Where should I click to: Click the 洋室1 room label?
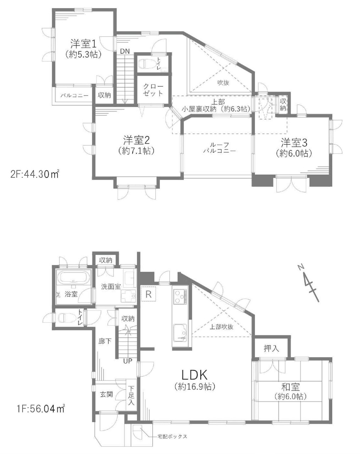83,44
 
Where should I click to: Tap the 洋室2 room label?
136,140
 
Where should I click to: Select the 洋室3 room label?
294,143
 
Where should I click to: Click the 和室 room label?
290,387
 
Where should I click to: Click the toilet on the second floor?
145,63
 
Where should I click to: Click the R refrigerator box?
149,294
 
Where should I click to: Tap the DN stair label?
125,51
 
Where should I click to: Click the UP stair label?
128,361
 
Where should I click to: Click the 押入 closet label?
271,348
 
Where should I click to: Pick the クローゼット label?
153,90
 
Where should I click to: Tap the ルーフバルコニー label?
219,148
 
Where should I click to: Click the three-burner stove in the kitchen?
180,297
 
